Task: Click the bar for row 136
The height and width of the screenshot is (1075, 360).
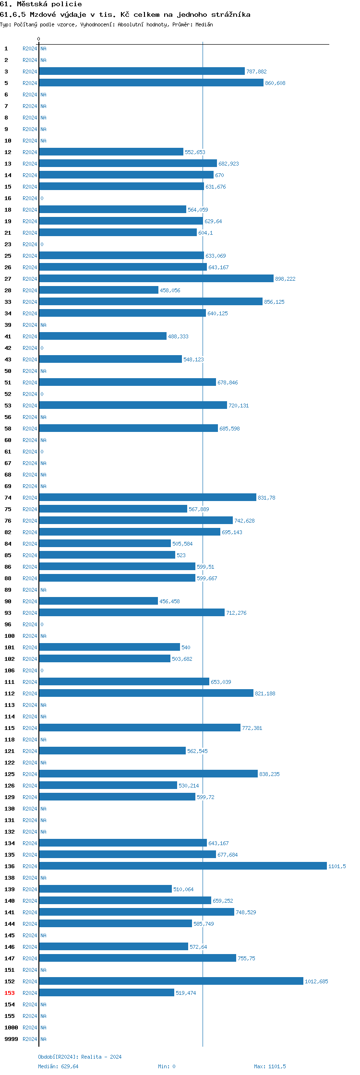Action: click(x=182, y=866)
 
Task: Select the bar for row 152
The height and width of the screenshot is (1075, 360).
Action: click(x=171, y=981)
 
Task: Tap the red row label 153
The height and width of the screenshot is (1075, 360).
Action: click(x=10, y=993)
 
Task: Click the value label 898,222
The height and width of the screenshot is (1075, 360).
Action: click(x=285, y=279)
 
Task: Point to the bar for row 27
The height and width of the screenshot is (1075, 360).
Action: click(x=156, y=278)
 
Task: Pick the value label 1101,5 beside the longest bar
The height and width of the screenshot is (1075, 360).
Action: click(x=337, y=866)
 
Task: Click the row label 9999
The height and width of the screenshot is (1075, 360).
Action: click(x=11, y=1039)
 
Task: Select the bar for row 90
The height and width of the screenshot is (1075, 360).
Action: click(x=98, y=601)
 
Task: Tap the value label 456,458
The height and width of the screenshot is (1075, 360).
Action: click(x=169, y=601)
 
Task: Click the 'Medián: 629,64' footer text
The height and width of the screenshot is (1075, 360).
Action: click(x=58, y=1066)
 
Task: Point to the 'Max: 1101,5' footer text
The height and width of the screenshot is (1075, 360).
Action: click(x=270, y=1066)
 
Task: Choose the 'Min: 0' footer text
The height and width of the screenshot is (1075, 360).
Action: click(x=167, y=1066)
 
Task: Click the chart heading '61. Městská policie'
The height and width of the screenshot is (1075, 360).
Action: click(x=41, y=4)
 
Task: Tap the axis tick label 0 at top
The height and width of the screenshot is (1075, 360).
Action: click(x=39, y=39)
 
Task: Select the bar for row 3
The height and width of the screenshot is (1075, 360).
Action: click(x=142, y=71)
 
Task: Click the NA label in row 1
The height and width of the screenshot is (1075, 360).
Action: click(x=43, y=48)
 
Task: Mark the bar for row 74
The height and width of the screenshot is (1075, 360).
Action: click(x=147, y=497)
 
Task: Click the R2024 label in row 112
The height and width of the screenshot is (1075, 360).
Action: click(x=30, y=693)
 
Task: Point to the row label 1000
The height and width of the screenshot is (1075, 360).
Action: click(x=11, y=1027)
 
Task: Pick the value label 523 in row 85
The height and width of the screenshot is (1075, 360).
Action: click(x=181, y=555)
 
